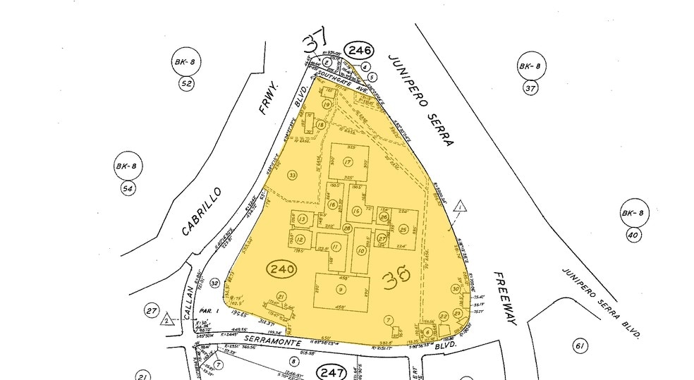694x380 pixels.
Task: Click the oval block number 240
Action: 281,269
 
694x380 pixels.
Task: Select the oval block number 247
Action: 331,371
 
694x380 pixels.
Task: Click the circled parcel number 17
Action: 348,162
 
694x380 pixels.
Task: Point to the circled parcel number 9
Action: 341,289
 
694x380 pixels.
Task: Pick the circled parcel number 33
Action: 292,174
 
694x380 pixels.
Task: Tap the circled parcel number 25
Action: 403,228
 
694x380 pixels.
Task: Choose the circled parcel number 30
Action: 456,288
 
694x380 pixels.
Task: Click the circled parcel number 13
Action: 303,220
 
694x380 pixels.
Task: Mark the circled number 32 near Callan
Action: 214,283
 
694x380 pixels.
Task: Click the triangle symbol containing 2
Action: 166,319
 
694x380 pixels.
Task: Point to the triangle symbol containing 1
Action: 459,207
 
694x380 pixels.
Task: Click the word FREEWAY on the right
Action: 506,299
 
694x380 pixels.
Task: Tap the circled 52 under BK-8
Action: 187,84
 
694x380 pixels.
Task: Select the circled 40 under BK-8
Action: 631,235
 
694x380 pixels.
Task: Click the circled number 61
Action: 580,345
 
